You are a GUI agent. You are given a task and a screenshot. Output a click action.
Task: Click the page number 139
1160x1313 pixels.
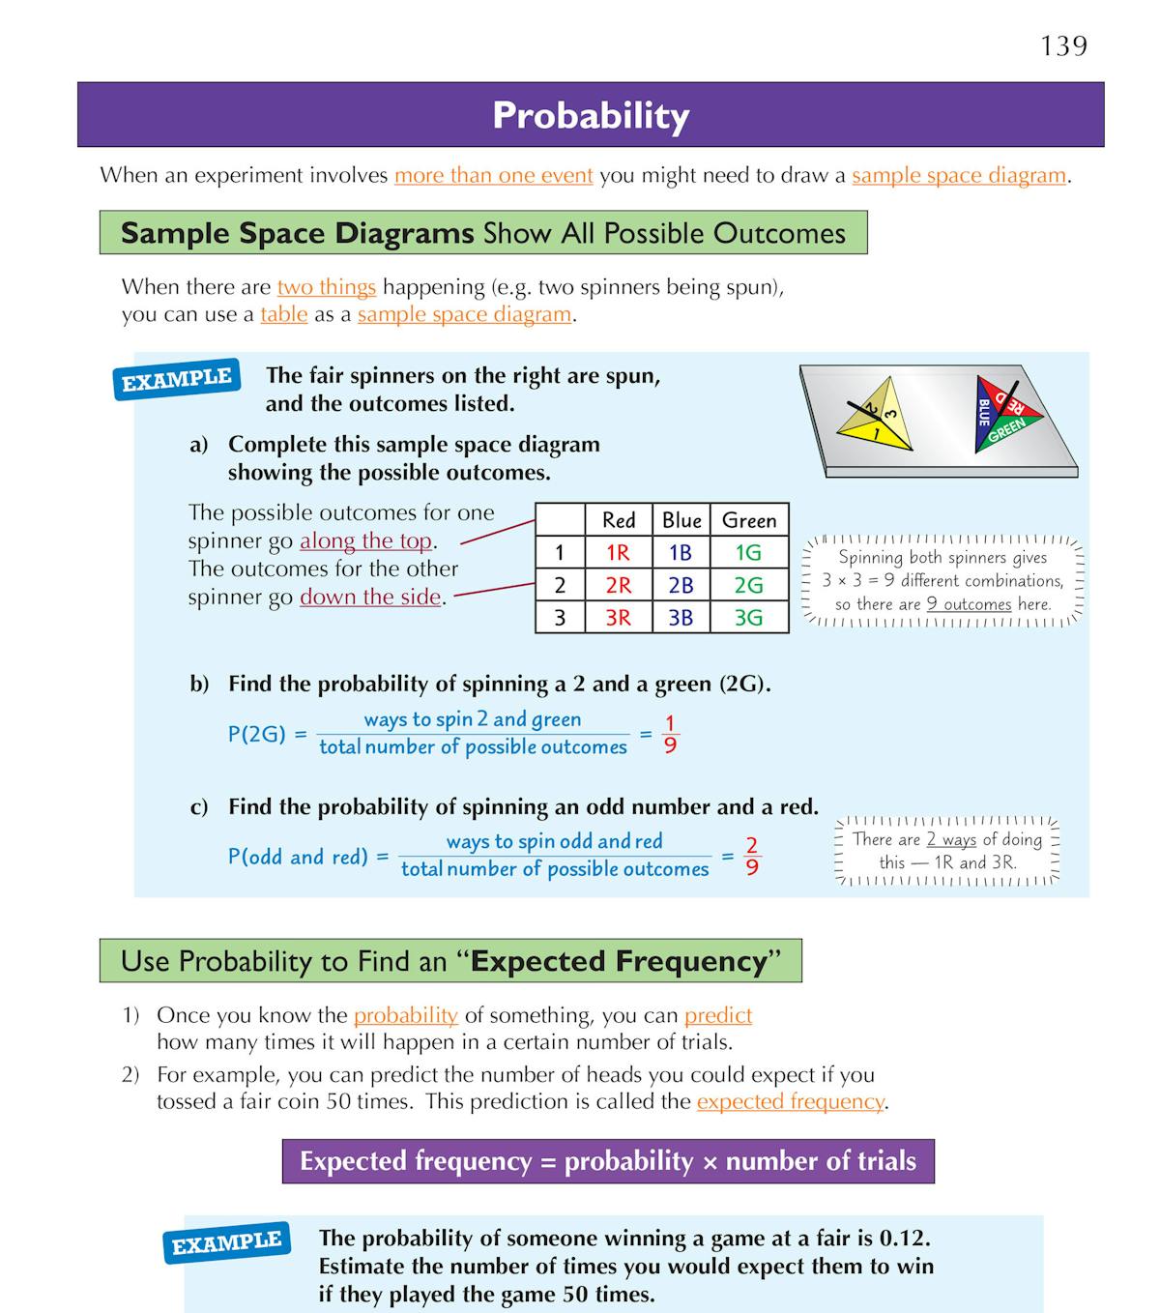(x=1063, y=45)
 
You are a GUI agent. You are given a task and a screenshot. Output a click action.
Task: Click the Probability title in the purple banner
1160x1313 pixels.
(x=591, y=116)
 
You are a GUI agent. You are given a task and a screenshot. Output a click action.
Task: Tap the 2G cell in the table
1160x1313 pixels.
(x=748, y=585)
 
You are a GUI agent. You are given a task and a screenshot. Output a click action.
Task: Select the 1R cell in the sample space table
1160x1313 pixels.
(x=618, y=553)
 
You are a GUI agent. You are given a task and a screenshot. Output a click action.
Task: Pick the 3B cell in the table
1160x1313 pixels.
(x=681, y=618)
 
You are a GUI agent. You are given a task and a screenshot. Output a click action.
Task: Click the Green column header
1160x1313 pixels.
(x=748, y=520)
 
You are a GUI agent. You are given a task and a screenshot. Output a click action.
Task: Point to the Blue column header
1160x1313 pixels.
(x=681, y=520)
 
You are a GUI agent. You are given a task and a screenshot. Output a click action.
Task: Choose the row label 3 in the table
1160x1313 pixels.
(x=560, y=618)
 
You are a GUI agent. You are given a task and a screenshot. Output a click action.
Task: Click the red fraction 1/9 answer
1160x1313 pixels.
(x=670, y=735)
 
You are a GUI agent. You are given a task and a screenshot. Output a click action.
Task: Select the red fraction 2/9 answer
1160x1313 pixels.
(x=752, y=857)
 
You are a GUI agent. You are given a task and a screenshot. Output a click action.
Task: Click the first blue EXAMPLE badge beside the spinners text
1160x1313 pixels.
(x=177, y=379)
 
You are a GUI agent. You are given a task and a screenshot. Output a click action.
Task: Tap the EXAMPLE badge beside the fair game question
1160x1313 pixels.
(x=227, y=1242)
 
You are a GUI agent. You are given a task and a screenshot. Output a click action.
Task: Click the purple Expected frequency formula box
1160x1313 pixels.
(x=608, y=1161)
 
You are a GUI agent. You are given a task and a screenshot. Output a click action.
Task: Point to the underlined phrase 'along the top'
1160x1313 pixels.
(x=365, y=540)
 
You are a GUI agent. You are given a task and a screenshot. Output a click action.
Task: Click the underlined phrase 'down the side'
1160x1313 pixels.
(x=370, y=597)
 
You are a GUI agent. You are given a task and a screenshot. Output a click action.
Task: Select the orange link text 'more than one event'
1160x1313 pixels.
(x=493, y=175)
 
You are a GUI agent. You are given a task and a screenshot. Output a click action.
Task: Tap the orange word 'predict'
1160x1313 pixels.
(x=717, y=1015)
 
